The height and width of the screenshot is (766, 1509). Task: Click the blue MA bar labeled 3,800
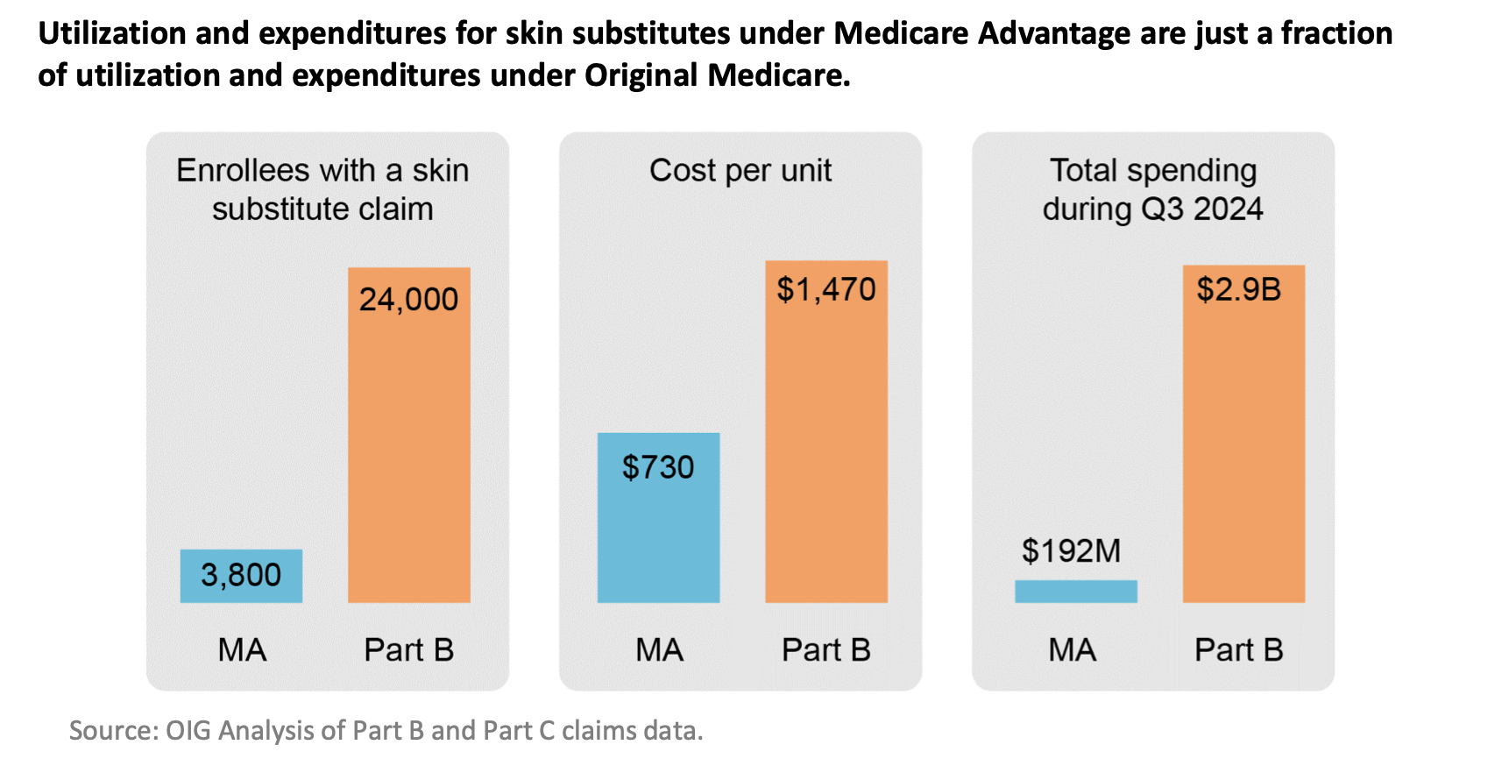click(x=241, y=576)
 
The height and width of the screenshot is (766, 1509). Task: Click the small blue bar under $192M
click(x=1075, y=592)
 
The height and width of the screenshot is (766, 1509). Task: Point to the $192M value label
click(x=1071, y=551)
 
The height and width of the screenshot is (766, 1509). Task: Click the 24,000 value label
click(x=408, y=300)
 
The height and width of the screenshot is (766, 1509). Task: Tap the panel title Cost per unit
click(x=740, y=170)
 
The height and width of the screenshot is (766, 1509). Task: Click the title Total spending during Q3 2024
click(x=1152, y=189)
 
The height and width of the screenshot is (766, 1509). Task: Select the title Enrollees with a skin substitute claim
click(x=322, y=189)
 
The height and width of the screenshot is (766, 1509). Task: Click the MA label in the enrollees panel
click(x=242, y=650)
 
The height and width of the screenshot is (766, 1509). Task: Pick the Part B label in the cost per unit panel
click(x=825, y=650)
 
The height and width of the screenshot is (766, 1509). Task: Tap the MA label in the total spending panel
click(x=1072, y=650)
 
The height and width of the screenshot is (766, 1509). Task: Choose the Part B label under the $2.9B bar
click(x=1238, y=650)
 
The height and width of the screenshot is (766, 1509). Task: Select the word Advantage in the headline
click(x=1053, y=33)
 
